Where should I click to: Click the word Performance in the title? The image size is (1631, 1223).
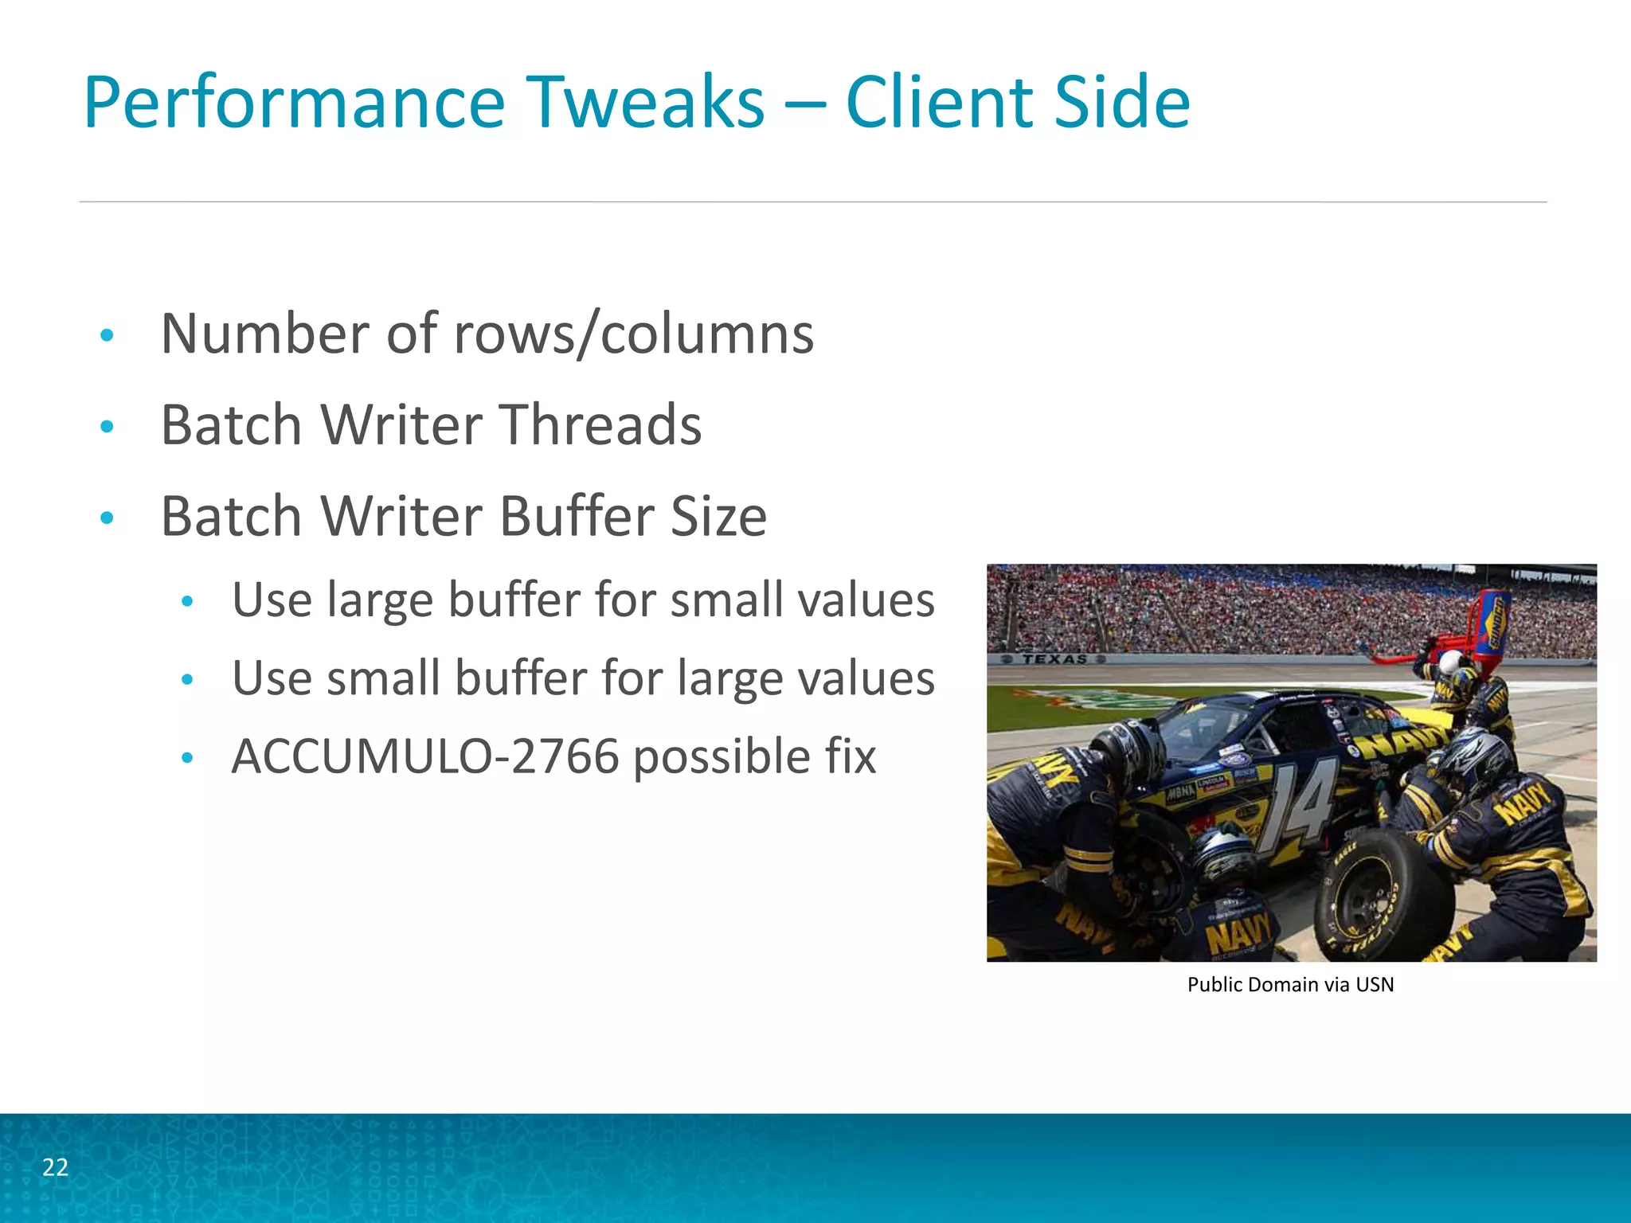pos(294,103)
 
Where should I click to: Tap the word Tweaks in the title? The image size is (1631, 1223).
pos(645,103)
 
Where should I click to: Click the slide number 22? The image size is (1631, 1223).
pos(55,1167)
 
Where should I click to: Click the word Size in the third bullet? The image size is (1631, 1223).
pos(718,517)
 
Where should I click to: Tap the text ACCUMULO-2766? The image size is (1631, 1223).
pos(425,756)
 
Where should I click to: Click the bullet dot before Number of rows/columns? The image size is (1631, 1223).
pos(108,335)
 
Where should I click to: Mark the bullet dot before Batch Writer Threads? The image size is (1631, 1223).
pos(108,427)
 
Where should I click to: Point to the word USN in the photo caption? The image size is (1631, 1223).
pos(1375,985)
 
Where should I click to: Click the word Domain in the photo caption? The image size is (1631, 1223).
pos(1282,985)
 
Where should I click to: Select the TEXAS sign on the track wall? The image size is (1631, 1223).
pos(1054,659)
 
